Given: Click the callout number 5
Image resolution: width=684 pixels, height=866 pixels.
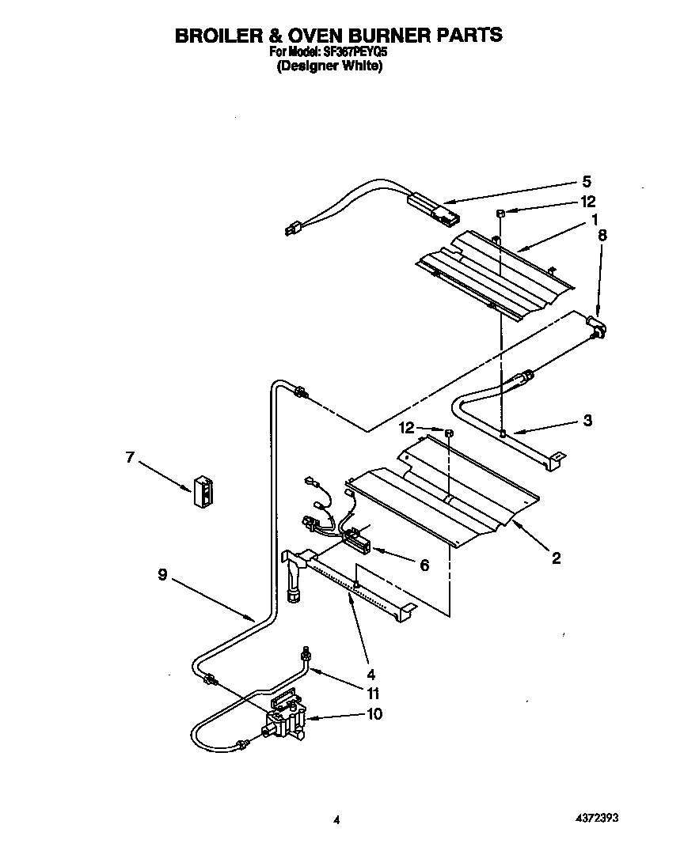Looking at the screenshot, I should pyautogui.click(x=587, y=181).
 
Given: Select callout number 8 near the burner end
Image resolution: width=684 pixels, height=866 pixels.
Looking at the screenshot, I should pyautogui.click(x=602, y=235).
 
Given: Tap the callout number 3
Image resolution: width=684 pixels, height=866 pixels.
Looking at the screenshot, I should pyautogui.click(x=587, y=421).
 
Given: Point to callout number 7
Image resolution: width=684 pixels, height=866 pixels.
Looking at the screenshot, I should pyautogui.click(x=131, y=456).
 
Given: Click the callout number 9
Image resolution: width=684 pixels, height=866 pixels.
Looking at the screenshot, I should pyautogui.click(x=161, y=577).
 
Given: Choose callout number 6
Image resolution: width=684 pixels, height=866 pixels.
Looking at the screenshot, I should pyautogui.click(x=424, y=565).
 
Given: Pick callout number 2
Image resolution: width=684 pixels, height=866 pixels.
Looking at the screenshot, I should pyautogui.click(x=556, y=558).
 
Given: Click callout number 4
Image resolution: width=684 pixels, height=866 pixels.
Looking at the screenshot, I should pyautogui.click(x=349, y=675).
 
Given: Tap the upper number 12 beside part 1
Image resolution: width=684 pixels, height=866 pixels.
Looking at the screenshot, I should pyautogui.click(x=587, y=202).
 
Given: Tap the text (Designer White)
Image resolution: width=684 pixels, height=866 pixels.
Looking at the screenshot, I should pyautogui.click(x=329, y=67).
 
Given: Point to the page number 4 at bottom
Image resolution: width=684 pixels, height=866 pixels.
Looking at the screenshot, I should pyautogui.click(x=336, y=821).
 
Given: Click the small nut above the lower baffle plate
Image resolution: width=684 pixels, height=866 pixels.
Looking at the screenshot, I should pyautogui.click(x=448, y=433).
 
